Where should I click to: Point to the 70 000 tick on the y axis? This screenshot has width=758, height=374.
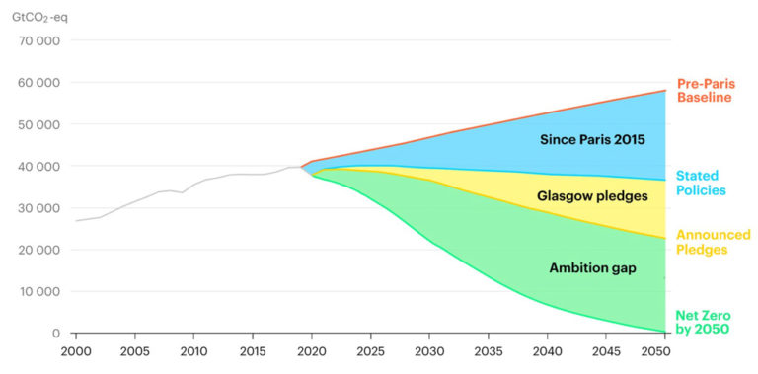click(x=38, y=41)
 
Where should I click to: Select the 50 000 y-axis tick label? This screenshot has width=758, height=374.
click(x=38, y=125)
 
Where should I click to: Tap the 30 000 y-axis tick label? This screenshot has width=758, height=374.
click(x=38, y=208)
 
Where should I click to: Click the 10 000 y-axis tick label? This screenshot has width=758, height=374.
click(x=38, y=292)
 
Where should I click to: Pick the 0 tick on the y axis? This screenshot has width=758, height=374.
click(x=56, y=334)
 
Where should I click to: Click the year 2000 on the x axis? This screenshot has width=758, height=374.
click(x=76, y=351)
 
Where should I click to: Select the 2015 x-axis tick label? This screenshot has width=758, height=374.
click(x=253, y=351)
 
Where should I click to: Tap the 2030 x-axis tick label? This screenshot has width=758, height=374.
click(x=428, y=351)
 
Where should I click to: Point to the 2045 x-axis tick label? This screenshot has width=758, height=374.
click(x=605, y=351)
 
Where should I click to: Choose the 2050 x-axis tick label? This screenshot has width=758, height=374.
click(x=663, y=351)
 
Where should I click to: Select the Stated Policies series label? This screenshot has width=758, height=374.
click(x=701, y=183)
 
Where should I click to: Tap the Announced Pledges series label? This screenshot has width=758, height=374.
click(x=713, y=242)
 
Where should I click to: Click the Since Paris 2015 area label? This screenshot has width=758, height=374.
click(x=592, y=140)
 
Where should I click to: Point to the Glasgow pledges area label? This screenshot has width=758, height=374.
click(x=592, y=196)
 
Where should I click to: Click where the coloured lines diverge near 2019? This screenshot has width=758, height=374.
click(x=301, y=168)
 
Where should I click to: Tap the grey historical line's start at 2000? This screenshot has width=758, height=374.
click(x=77, y=220)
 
